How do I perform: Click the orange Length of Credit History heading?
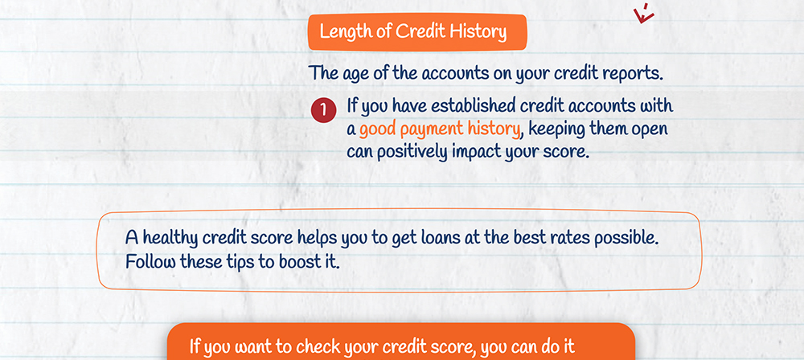tap(416, 32)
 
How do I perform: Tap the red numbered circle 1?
tap(323, 111)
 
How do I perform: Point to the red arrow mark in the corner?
tap(644, 14)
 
